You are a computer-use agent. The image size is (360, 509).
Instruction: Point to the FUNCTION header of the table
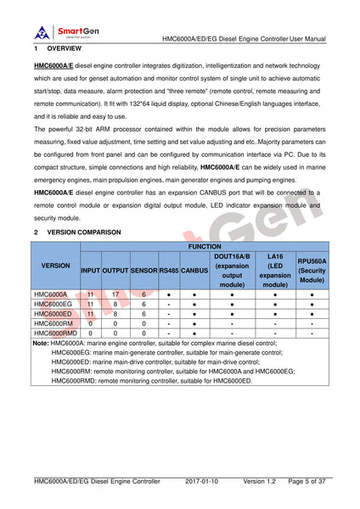click(x=204, y=246)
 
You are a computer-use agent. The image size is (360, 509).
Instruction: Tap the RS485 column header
click(x=168, y=270)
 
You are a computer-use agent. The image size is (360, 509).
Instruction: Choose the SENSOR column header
click(x=143, y=270)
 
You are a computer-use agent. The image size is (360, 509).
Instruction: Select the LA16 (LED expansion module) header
click(x=274, y=270)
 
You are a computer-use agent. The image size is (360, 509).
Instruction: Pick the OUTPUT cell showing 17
click(x=115, y=294)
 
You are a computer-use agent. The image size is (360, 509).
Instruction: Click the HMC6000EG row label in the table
click(x=53, y=304)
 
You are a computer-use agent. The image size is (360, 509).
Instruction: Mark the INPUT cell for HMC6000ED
click(x=91, y=314)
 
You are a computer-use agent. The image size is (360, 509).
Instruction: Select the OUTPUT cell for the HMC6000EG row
click(x=115, y=304)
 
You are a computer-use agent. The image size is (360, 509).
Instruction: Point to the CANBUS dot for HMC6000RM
click(x=194, y=323)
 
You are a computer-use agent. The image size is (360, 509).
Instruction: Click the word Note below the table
click(x=41, y=343)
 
